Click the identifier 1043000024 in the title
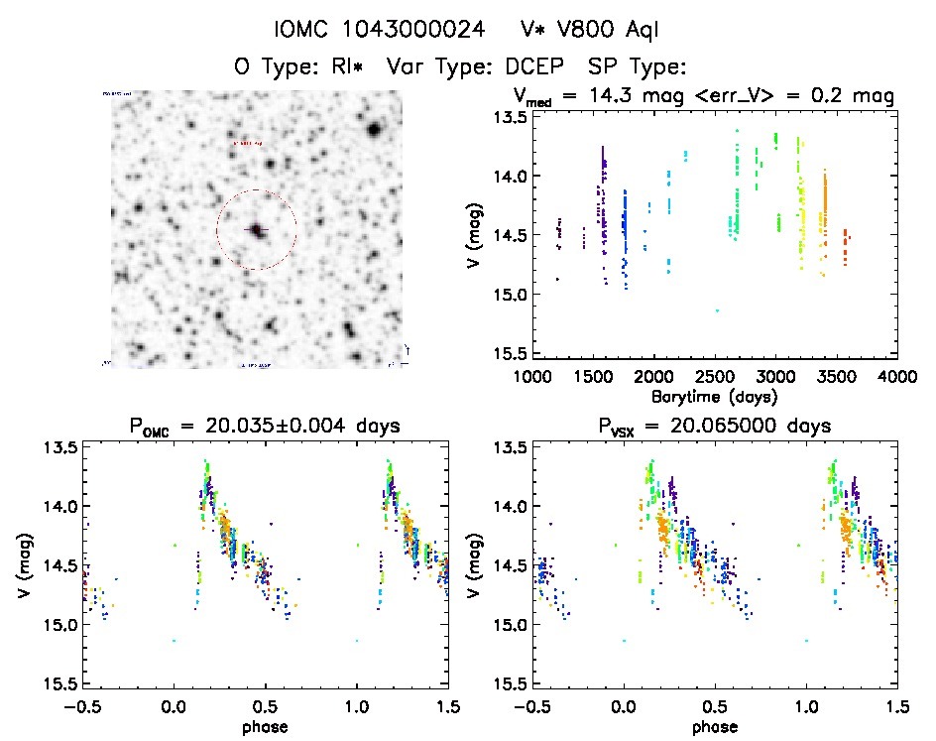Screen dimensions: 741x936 point(415,31)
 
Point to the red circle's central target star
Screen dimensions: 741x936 point(257,230)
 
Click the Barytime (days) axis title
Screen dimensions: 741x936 point(714,396)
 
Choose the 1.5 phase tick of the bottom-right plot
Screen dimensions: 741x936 point(896,706)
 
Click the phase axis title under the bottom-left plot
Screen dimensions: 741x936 point(265,726)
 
